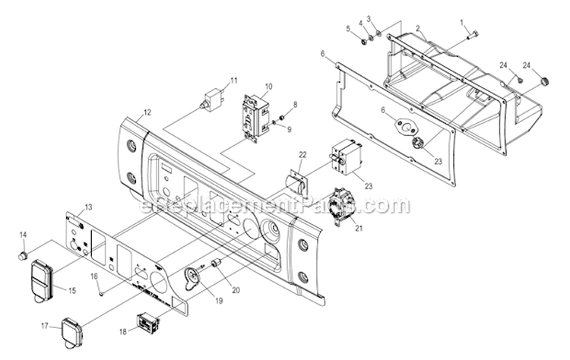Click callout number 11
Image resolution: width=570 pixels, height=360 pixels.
pos(234,80)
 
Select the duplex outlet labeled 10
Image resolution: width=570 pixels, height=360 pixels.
pos(255,118)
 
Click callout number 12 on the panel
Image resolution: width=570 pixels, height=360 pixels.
pos(147,112)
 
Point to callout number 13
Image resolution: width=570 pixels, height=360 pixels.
pos(88,207)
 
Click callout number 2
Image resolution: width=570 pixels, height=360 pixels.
pos(418,28)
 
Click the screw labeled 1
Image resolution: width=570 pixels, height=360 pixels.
pos(473,33)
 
